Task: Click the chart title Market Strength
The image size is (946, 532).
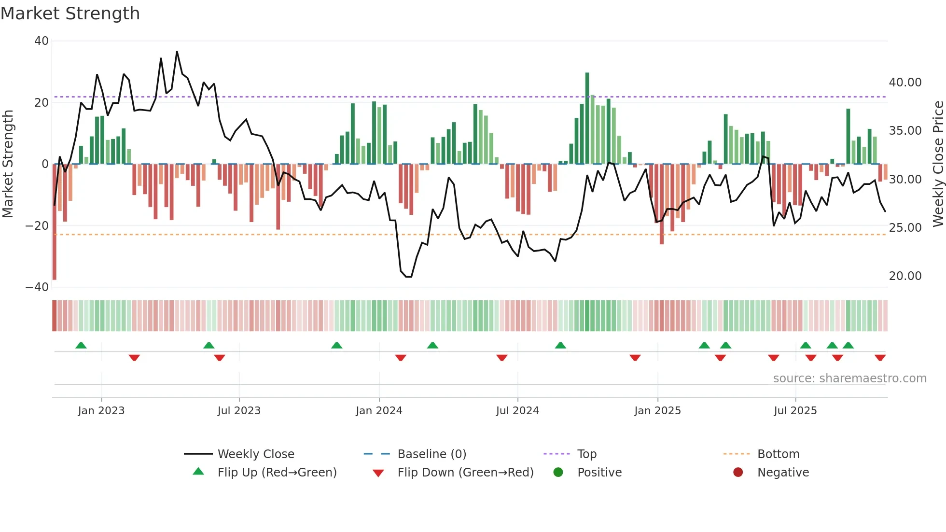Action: (x=70, y=14)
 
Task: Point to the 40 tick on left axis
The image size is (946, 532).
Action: (x=42, y=41)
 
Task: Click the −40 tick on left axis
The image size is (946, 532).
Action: (x=37, y=287)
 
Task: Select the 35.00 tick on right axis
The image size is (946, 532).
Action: (x=905, y=131)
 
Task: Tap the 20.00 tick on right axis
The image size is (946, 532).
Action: (x=905, y=276)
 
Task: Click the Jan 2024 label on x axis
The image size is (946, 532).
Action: (x=379, y=411)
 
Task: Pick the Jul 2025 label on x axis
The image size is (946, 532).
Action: (x=795, y=411)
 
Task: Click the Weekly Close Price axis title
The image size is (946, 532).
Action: (x=938, y=164)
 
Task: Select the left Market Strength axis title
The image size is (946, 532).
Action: (x=8, y=164)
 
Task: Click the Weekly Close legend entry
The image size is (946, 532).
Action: (x=255, y=454)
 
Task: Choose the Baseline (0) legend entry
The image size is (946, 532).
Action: (x=431, y=454)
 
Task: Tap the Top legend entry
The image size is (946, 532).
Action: (x=587, y=454)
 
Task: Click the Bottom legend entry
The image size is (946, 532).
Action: (x=778, y=454)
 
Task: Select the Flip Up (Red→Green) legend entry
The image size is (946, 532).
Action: (x=277, y=473)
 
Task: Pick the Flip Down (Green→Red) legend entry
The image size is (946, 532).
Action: (x=465, y=473)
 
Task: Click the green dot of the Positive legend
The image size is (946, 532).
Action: (x=558, y=473)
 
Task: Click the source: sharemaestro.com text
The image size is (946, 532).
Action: (x=849, y=378)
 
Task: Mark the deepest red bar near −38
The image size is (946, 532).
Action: (x=55, y=222)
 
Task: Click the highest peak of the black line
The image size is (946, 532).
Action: (x=177, y=52)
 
